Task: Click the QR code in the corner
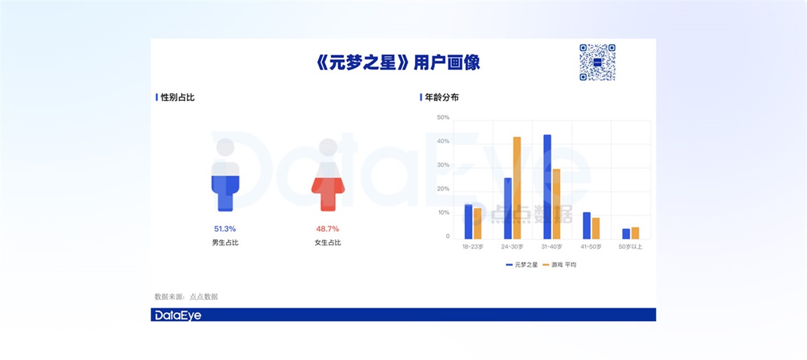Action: pyautogui.click(x=597, y=63)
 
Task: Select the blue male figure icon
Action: pyautogui.click(x=225, y=175)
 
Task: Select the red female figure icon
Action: pyautogui.click(x=328, y=175)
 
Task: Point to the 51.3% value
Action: pyautogui.click(x=225, y=229)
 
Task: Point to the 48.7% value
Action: pyautogui.click(x=328, y=229)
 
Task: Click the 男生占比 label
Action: pyautogui.click(x=225, y=242)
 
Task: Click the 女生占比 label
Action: pyautogui.click(x=328, y=242)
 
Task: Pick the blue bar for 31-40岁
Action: pyautogui.click(x=547, y=187)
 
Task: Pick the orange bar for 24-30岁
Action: pyautogui.click(x=517, y=188)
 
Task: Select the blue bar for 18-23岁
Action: pyautogui.click(x=468, y=221)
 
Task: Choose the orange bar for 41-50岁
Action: pyautogui.click(x=596, y=228)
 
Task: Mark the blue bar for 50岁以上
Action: pyautogui.click(x=626, y=233)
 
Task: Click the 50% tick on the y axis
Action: pyautogui.click(x=443, y=118)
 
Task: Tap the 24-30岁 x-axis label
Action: pyautogui.click(x=513, y=247)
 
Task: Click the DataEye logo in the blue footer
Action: pyautogui.click(x=178, y=315)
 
